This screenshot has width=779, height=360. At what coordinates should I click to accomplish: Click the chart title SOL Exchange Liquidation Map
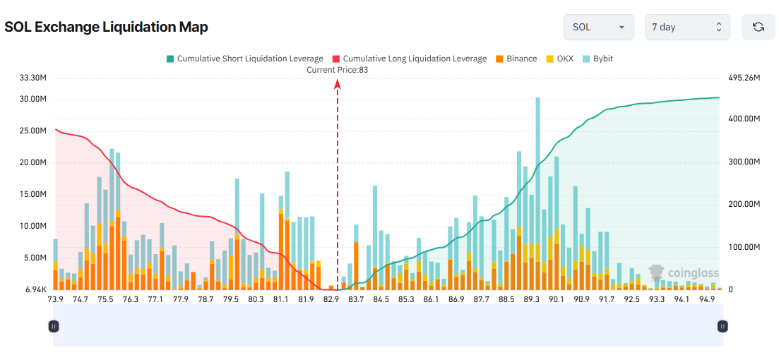point(106,28)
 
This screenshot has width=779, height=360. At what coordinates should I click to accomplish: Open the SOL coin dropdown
point(598,27)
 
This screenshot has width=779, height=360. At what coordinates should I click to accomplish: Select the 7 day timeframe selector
point(687,27)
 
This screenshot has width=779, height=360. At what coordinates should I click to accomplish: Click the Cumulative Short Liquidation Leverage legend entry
point(244,59)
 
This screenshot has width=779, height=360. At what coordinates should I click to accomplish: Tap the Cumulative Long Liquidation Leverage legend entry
point(409,59)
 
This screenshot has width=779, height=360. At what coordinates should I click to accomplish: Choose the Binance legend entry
point(516,59)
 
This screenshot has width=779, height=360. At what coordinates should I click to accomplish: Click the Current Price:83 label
point(338,70)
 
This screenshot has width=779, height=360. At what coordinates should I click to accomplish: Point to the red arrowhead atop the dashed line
point(338,84)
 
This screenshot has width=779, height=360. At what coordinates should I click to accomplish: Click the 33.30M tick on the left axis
point(33,78)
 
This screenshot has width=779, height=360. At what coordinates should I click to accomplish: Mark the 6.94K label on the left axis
point(35,290)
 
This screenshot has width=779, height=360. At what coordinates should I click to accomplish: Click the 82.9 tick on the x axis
point(331,299)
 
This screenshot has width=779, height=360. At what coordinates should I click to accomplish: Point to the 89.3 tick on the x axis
point(531,299)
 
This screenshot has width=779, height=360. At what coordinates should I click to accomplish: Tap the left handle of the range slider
point(54,326)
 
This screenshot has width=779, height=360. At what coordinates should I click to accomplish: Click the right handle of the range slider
point(722,326)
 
